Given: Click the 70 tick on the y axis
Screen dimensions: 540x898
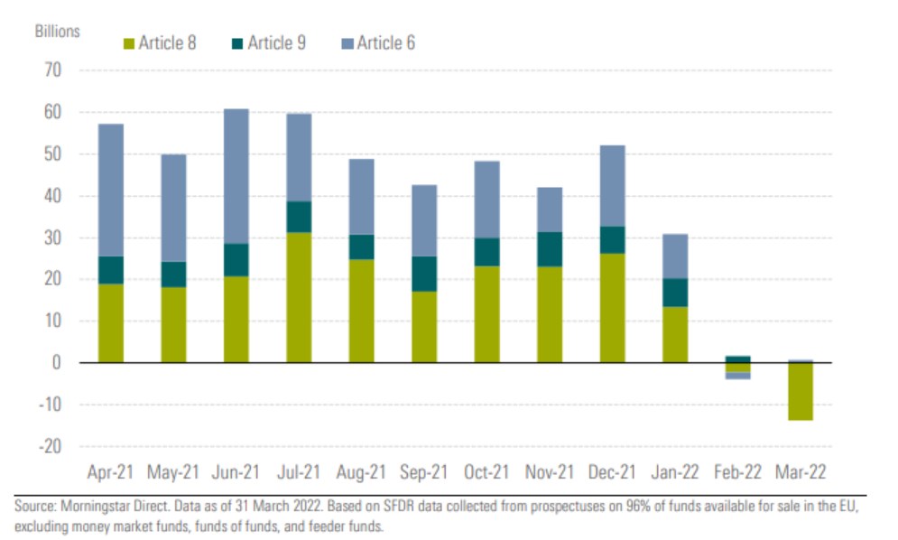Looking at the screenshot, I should coord(53,70).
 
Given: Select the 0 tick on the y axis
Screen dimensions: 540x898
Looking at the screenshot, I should coord(58,363).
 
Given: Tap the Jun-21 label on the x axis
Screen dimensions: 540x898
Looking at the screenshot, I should coord(236,472).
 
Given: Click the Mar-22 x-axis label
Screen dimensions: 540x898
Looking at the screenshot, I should coord(800,472).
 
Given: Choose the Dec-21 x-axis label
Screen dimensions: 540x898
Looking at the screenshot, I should coord(612,472).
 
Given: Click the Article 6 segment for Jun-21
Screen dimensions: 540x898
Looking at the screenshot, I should coord(236,176).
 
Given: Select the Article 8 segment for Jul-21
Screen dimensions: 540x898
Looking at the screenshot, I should coord(299,297).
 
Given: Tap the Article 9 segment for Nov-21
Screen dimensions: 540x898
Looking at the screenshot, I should coord(550,249).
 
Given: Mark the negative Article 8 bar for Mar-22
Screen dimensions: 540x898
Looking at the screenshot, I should coord(800,392).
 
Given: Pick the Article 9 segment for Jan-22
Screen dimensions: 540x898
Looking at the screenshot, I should coord(675,293).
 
